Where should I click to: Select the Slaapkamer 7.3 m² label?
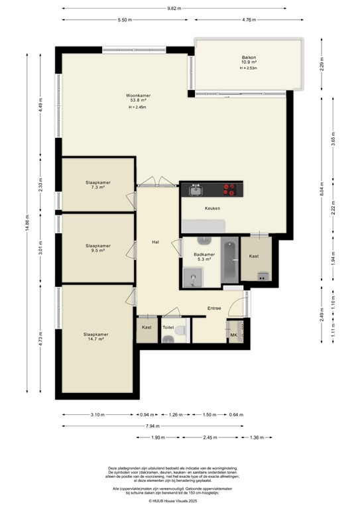97,185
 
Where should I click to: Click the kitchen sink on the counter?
196,191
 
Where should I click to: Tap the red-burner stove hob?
229,191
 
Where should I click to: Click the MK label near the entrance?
233,335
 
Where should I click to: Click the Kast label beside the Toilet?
147,327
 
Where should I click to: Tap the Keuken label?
212,209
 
